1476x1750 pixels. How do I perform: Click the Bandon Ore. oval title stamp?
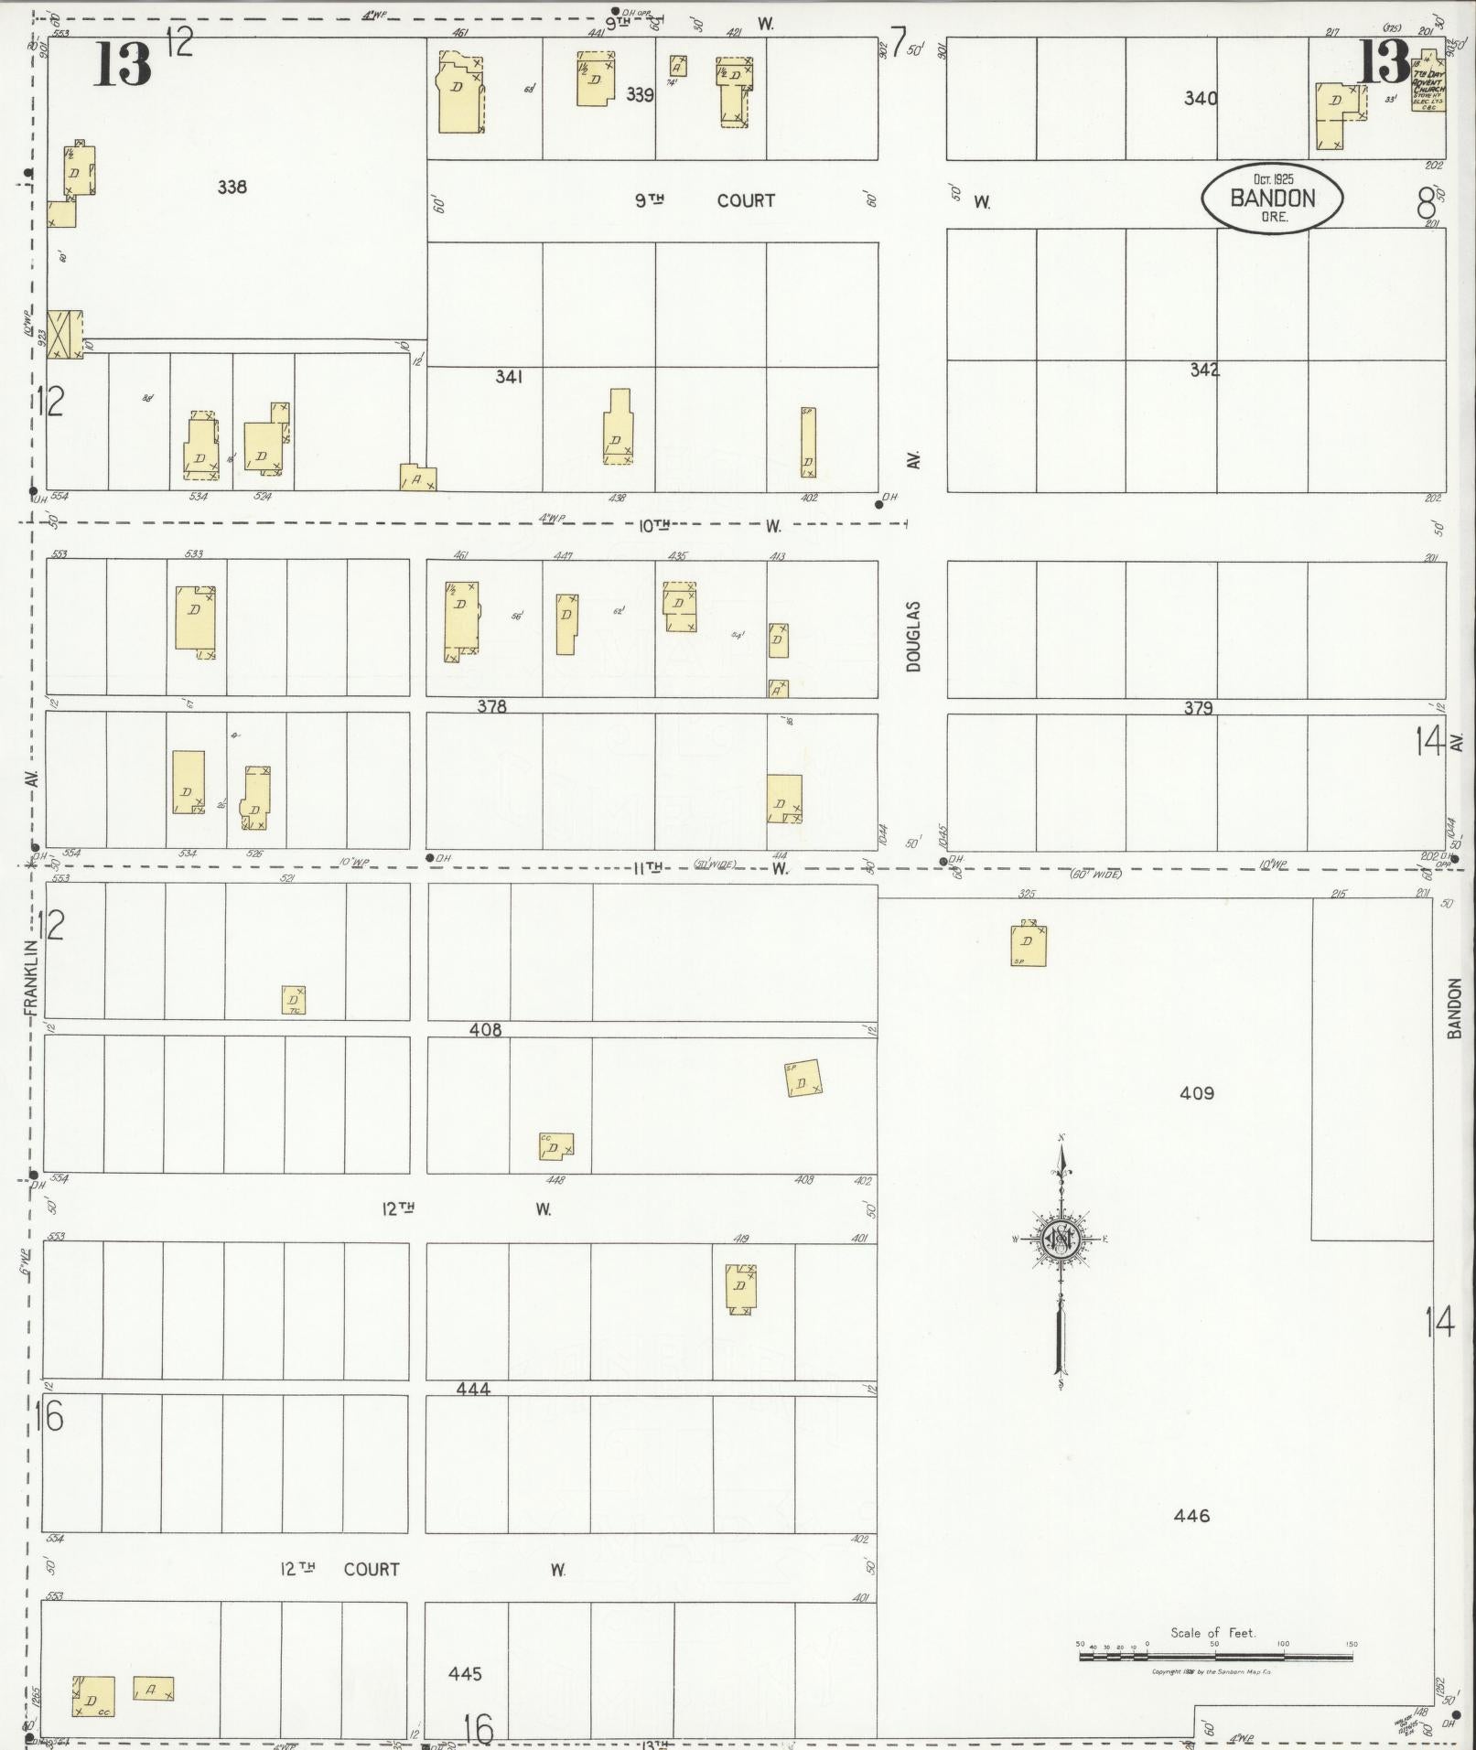point(1272,199)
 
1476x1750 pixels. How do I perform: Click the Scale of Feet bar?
point(1216,1656)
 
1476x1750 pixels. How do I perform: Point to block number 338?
point(232,187)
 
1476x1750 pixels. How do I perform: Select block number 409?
point(1196,1092)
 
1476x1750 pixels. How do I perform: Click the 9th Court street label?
point(705,200)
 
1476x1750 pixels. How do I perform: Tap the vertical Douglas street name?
point(913,636)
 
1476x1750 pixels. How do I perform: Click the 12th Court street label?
point(339,1570)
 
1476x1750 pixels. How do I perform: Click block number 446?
point(1190,1516)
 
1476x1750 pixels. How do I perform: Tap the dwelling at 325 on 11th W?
point(1028,943)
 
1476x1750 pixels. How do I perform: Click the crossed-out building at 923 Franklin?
point(64,334)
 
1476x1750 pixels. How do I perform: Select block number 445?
point(465,1674)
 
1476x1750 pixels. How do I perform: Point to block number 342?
point(1204,370)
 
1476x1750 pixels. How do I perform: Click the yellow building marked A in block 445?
point(154,1689)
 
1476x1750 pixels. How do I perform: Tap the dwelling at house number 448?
point(555,1146)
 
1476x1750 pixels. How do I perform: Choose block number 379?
point(1198,708)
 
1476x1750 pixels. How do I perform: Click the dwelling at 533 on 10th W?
point(195,617)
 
